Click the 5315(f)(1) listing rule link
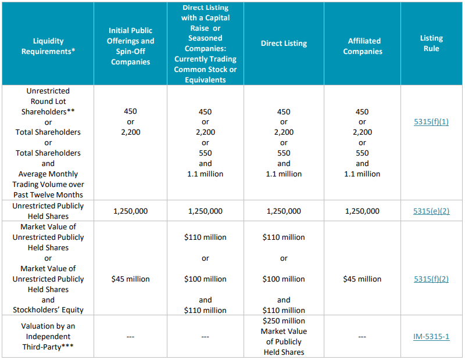coord(431,122)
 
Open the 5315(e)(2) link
coord(431,211)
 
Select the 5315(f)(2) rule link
coord(431,279)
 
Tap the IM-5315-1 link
coord(431,336)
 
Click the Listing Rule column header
coord(431,44)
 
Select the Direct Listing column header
coord(284,44)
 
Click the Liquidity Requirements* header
coord(48,46)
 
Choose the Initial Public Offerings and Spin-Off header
coord(131,46)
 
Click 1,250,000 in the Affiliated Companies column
coord(362,211)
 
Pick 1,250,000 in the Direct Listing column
coord(284,211)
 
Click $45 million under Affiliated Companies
coord(362,279)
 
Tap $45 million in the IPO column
coord(131,279)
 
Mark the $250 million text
coord(284,321)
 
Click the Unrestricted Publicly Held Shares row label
coord(48,211)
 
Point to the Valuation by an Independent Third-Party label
coord(48,336)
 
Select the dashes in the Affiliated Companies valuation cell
coord(362,336)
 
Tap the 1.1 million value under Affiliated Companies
coord(362,174)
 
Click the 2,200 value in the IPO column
coord(131,132)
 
